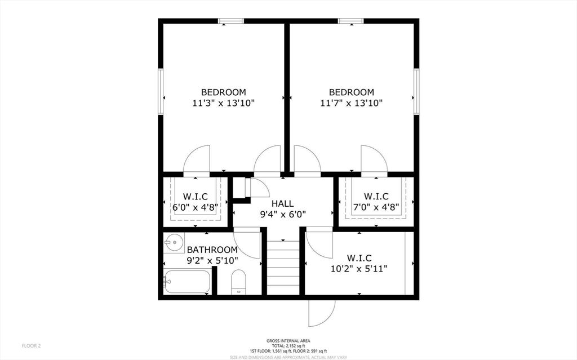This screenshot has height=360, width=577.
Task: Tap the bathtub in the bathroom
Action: (x=187, y=282)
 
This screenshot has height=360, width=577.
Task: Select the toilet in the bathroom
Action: (x=239, y=281)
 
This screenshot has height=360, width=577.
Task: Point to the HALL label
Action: (x=282, y=203)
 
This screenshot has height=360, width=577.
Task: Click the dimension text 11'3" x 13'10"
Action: (x=224, y=103)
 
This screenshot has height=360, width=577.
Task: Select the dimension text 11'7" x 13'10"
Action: (x=352, y=103)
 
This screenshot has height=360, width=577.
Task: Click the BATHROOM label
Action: (x=212, y=250)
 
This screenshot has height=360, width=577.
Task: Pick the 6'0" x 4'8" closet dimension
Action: (x=195, y=207)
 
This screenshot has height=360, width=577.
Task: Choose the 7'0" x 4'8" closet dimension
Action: (x=376, y=207)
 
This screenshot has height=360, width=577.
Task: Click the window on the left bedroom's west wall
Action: (x=161, y=92)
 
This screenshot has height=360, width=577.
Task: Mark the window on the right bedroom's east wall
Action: (x=416, y=92)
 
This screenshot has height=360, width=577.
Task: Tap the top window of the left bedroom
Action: (x=231, y=21)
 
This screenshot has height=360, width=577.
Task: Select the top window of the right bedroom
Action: (x=350, y=21)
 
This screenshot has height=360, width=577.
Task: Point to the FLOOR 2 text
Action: (x=31, y=345)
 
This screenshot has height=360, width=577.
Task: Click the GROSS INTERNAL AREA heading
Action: (x=288, y=340)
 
